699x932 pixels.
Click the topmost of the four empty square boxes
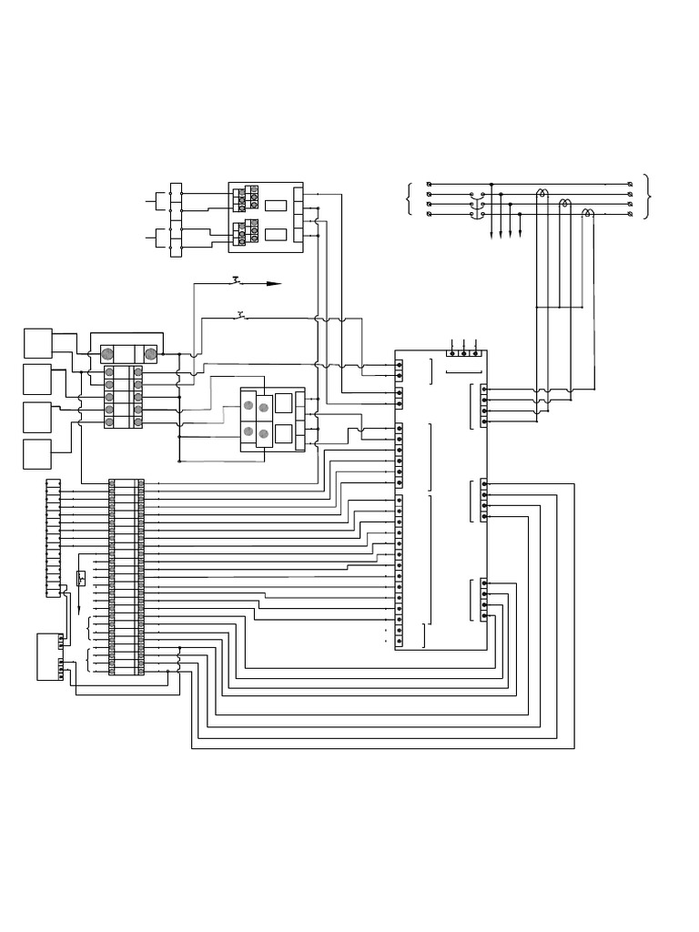pyautogui.click(x=37, y=342)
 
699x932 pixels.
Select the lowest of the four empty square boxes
pyautogui.click(x=37, y=453)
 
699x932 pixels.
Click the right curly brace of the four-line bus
pyautogui.click(x=647, y=198)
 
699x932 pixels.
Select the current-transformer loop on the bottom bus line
pyautogui.click(x=589, y=213)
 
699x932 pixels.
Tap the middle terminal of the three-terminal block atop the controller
pyautogui.click(x=464, y=352)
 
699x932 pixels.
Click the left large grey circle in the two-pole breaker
pyautogui.click(x=107, y=354)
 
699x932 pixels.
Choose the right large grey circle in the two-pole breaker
pyautogui.click(x=151, y=354)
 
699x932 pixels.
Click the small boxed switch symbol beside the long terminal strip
pyautogui.click(x=81, y=576)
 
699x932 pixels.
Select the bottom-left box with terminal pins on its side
pyautogui.click(x=46, y=657)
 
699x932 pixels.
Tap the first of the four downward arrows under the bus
pyautogui.click(x=492, y=234)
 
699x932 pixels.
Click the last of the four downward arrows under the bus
pyautogui.click(x=520, y=234)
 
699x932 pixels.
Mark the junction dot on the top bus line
pyautogui.click(x=491, y=184)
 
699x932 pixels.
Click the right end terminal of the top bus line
pyautogui.click(x=632, y=184)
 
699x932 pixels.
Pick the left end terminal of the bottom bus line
pyautogui.click(x=429, y=215)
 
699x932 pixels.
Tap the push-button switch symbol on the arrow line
pyautogui.click(x=238, y=279)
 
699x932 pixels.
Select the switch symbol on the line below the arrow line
pyautogui.click(x=240, y=316)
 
